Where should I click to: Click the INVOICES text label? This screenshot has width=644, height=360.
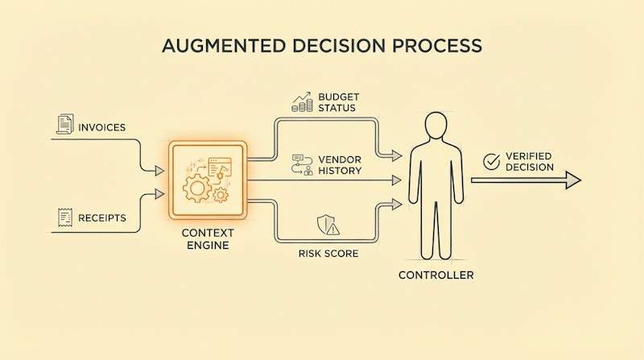[102, 126]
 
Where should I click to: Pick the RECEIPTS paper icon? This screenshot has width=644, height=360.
[64, 216]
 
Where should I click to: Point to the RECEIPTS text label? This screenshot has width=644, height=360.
[103, 217]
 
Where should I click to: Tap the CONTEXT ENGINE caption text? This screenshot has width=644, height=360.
[207, 238]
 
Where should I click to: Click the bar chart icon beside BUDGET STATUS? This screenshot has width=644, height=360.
[302, 101]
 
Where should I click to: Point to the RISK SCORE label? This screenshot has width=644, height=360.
[326, 253]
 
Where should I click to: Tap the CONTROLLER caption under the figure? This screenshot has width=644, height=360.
[436, 275]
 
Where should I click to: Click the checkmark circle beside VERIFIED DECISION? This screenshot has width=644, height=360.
[490, 162]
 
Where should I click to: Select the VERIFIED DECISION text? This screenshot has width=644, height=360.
[529, 162]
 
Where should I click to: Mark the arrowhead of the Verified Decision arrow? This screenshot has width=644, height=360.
[572, 180]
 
